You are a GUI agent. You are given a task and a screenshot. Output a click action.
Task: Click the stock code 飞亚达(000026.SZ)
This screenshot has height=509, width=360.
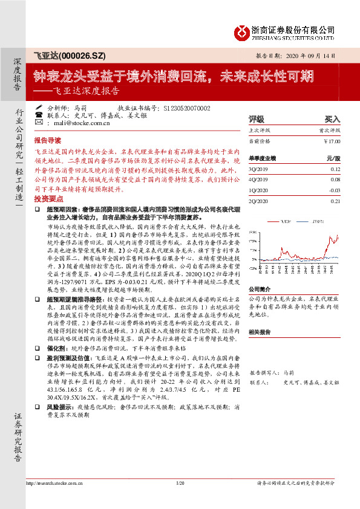point(70,56)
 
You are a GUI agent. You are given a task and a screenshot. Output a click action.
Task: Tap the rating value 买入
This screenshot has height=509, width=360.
point(332,119)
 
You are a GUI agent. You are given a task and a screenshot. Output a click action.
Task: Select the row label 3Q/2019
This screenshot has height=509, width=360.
point(258,169)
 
